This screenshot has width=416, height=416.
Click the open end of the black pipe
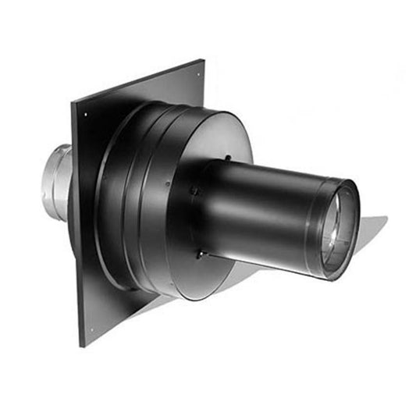(337, 229)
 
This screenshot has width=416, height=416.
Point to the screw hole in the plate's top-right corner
(197, 76)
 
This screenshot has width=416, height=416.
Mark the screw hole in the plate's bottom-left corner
(92, 329)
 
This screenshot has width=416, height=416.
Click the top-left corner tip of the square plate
(72, 104)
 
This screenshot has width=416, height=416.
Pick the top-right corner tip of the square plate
(204, 59)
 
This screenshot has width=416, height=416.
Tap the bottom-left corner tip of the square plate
(80, 347)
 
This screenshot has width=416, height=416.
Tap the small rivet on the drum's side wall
(166, 185)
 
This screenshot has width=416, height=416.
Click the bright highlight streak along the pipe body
(265, 187)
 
